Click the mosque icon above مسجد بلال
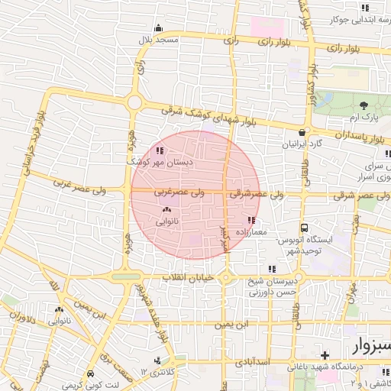pyautogui.click(x=158, y=29)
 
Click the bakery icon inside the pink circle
pyautogui.click(x=167, y=209)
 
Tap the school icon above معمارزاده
pyautogui.click(x=252, y=220)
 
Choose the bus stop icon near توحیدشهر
pyautogui.click(x=304, y=228)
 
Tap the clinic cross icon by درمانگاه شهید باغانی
pyautogui.click(x=325, y=355)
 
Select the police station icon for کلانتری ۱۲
pyautogui.click(x=158, y=360)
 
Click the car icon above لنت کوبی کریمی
pyautogui.click(x=92, y=374)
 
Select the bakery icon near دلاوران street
pyautogui.click(x=59, y=310)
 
